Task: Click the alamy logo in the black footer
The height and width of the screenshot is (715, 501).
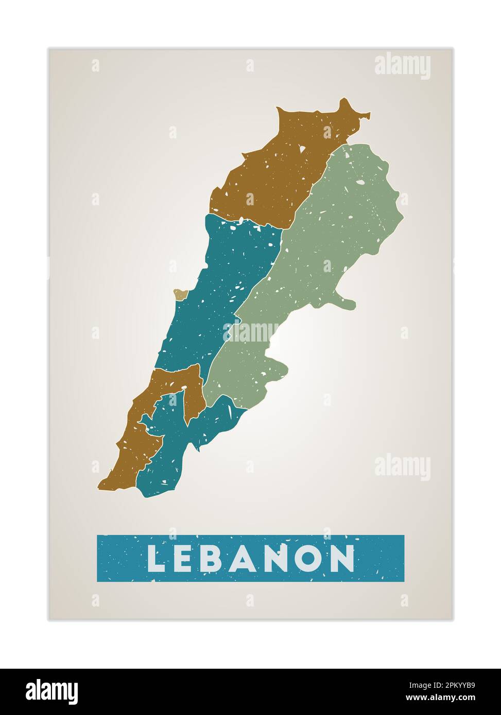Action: (x=51, y=692)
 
